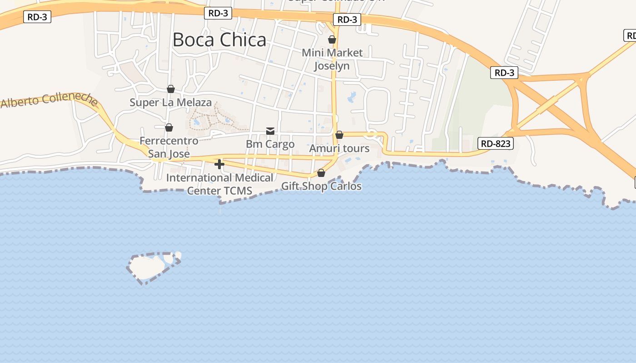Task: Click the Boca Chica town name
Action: [x=219, y=40]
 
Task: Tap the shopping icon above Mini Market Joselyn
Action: [x=332, y=39]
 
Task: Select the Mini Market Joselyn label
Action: [x=333, y=59]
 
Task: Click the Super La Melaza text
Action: [x=171, y=103]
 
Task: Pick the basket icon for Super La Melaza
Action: [x=171, y=89]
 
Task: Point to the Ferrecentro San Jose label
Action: [x=169, y=147]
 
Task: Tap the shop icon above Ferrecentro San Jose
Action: [x=169, y=128]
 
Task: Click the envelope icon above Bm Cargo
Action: [x=270, y=131]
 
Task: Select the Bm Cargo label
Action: [x=270, y=144]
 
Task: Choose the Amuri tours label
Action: [x=339, y=148]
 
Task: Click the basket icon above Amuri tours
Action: [x=339, y=135]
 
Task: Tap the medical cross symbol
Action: [x=219, y=164]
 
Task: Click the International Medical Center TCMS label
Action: [x=220, y=184]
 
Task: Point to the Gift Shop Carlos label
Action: [x=321, y=186]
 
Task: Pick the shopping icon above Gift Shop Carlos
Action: [x=321, y=173]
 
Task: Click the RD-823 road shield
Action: [x=496, y=144]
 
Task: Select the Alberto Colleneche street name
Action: [x=49, y=100]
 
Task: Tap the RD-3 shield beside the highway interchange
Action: [x=504, y=73]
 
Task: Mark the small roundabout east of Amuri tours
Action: [x=372, y=134]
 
